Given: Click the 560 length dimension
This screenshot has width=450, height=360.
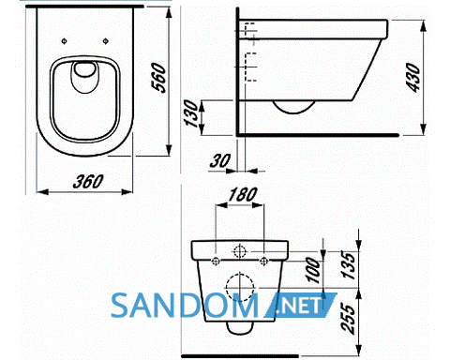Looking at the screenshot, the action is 159,78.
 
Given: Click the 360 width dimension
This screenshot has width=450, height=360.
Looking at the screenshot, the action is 88,182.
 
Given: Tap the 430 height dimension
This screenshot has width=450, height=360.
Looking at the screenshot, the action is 413,78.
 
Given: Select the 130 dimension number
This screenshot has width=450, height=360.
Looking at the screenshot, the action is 191,113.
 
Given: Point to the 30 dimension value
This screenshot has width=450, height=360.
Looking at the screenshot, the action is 220,160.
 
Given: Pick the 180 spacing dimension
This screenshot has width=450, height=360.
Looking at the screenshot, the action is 243,195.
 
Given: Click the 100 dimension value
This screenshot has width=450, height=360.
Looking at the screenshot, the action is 313,270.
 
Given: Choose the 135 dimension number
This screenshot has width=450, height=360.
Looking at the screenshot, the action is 349,264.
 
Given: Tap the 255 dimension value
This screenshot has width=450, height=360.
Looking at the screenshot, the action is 349,318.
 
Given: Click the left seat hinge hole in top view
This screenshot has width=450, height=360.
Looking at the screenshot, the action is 64,41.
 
